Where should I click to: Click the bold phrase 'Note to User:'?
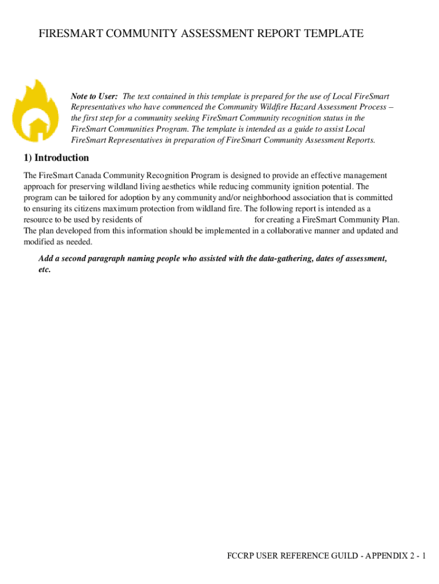coord(94,96)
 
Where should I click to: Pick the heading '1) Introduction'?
coord(56,158)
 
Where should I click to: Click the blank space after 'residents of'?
coord(197,220)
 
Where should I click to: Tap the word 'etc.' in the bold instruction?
coord(44,270)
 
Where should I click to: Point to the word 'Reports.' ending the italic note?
coord(359,140)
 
